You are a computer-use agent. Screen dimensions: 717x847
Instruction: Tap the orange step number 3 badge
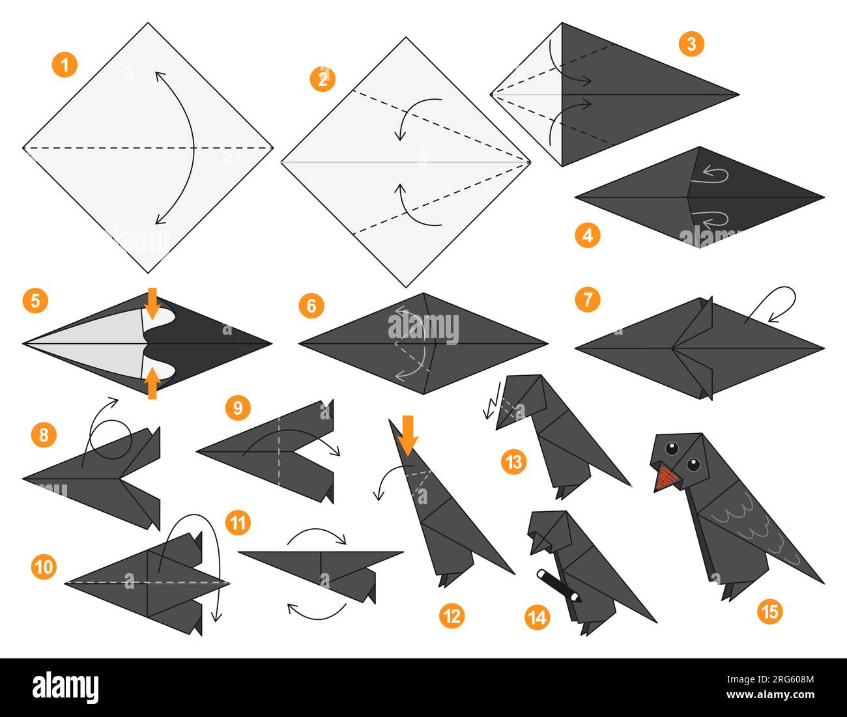pyautogui.click(x=691, y=44)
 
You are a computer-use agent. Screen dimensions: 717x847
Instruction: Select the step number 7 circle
pyautogui.click(x=588, y=300)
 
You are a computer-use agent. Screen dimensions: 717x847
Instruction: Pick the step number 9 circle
pyautogui.click(x=237, y=408)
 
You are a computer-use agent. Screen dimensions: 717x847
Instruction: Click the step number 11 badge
pyautogui.click(x=238, y=522)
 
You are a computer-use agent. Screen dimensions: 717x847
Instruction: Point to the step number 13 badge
pyautogui.click(x=514, y=462)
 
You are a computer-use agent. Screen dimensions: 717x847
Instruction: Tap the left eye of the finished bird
pyautogui.click(x=671, y=448)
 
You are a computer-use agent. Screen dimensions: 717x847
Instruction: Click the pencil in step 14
pyautogui.click(x=558, y=585)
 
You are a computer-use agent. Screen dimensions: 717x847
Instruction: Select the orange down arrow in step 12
pyautogui.click(x=409, y=434)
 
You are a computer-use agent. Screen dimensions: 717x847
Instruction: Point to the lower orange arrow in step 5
pyautogui.click(x=151, y=383)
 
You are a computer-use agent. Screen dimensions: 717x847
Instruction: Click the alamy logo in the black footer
pyautogui.click(x=65, y=687)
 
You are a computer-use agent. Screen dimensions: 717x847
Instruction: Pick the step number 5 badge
pyautogui.click(x=35, y=301)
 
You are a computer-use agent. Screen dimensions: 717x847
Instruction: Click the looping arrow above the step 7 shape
pyautogui.click(x=779, y=301)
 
